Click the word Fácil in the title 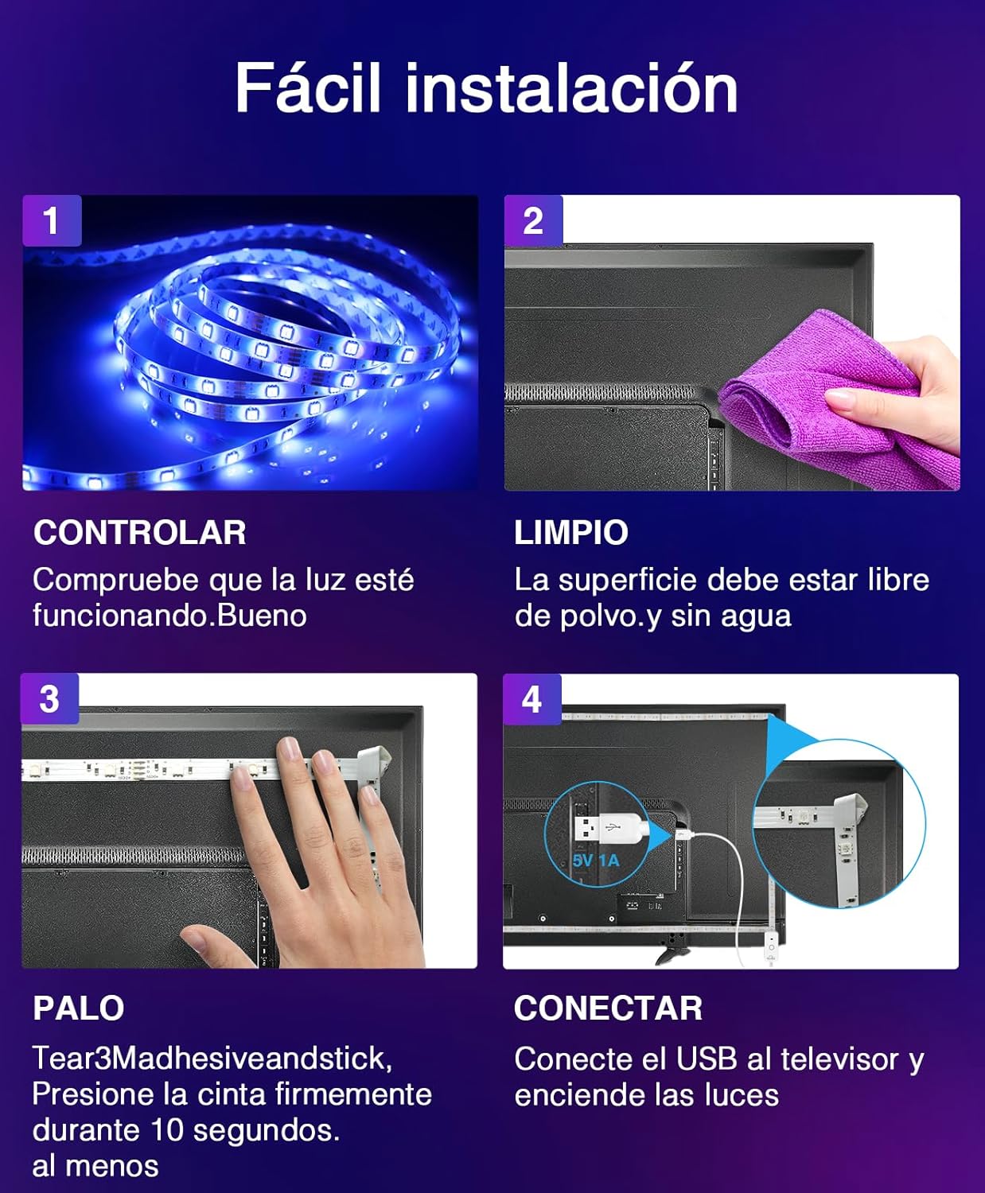tap(308, 87)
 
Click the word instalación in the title tap(571, 87)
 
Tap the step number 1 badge tap(52, 220)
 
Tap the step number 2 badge tap(533, 220)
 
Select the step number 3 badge tap(50, 699)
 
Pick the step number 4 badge tap(531, 699)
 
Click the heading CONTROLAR tap(139, 533)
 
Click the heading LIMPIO tap(571, 533)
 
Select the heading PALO tap(78, 1008)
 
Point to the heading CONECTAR tap(608, 1008)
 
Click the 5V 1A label tap(596, 860)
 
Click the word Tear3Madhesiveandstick tap(212, 1058)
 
